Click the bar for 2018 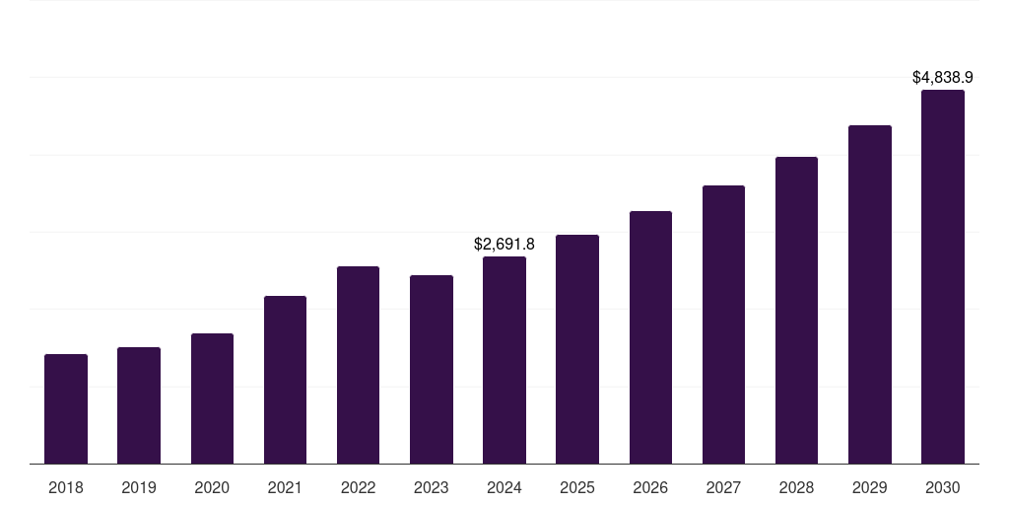pyautogui.click(x=66, y=408)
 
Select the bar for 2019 pyautogui.click(x=139, y=405)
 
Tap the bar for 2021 pyautogui.click(x=285, y=380)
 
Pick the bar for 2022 pyautogui.click(x=358, y=365)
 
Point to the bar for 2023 pyautogui.click(x=432, y=369)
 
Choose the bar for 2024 pyautogui.click(x=504, y=360)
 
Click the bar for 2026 pyautogui.click(x=650, y=337)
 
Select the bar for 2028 pyautogui.click(x=796, y=310)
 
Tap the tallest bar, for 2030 pyautogui.click(x=943, y=276)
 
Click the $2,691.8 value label pyautogui.click(x=504, y=244)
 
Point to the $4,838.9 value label pyautogui.click(x=943, y=77)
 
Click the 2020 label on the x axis pyautogui.click(x=212, y=487)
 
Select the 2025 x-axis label pyautogui.click(x=577, y=487)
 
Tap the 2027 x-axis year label pyautogui.click(x=723, y=487)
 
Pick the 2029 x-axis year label pyautogui.click(x=869, y=487)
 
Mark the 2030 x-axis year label pyautogui.click(x=943, y=487)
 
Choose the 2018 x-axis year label pyautogui.click(x=66, y=487)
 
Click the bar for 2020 pyautogui.click(x=212, y=398)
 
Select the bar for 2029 pyautogui.click(x=869, y=294)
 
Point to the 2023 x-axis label pyautogui.click(x=432, y=487)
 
